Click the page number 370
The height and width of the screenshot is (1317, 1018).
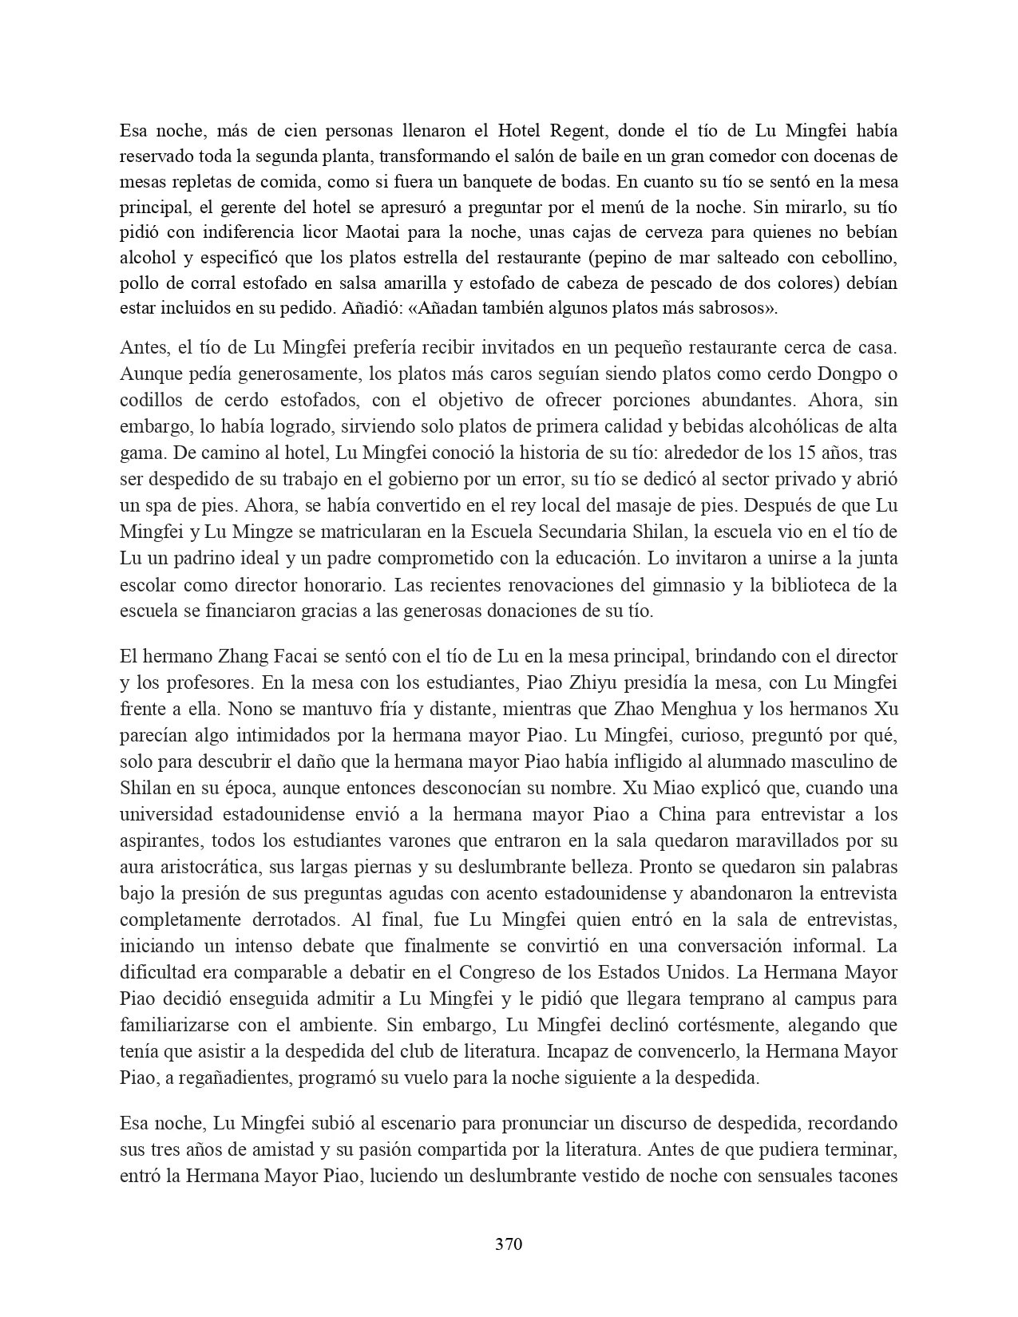509,1244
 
